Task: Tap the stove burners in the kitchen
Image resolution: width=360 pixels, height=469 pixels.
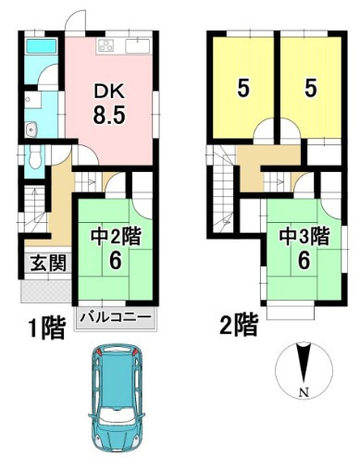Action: coord(105,45)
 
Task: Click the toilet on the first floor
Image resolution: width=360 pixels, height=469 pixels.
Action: coord(34,157)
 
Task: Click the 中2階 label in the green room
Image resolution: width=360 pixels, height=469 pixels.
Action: coord(116,236)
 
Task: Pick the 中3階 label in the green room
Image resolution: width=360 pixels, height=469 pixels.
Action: coord(304,236)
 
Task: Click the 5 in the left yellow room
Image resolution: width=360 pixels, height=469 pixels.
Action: coord(242,88)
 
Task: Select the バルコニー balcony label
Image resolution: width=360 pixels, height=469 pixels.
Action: coord(117,315)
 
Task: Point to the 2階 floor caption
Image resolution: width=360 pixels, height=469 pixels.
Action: coord(239,324)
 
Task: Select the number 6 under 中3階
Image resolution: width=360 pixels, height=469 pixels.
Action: coord(304,263)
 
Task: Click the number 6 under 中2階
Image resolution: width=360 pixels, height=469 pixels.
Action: coord(116,263)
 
